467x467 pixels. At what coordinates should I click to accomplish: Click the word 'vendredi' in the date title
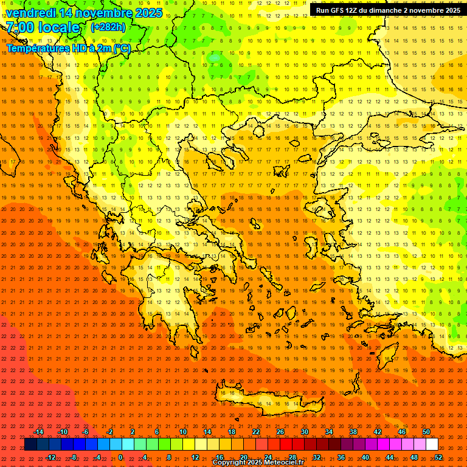pos(30,12)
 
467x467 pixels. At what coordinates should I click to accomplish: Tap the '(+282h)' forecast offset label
pos(108,27)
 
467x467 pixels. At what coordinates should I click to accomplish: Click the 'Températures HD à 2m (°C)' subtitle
pos(69,49)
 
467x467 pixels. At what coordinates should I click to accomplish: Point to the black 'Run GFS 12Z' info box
pos(388,10)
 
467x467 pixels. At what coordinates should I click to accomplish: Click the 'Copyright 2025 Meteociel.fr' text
pos(258,463)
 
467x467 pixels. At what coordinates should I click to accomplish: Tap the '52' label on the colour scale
pos(438,457)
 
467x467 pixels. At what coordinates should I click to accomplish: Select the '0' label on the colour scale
pos(120,457)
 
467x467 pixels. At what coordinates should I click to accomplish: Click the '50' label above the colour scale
pos(426,432)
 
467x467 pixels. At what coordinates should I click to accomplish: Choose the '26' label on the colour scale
pos(280,432)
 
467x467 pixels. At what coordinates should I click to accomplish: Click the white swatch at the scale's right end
pos(432,445)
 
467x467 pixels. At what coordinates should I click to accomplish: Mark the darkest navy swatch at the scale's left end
pos(30,445)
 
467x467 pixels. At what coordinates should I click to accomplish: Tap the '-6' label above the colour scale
pos(86,432)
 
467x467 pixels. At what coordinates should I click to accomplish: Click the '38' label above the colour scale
pos(353,432)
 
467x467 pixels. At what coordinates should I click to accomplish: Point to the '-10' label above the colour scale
pos(62,432)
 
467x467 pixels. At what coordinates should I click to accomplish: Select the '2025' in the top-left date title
pos(148,12)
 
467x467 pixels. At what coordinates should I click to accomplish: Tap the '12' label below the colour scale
pos(195,457)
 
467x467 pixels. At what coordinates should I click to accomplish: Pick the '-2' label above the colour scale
pos(110,432)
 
